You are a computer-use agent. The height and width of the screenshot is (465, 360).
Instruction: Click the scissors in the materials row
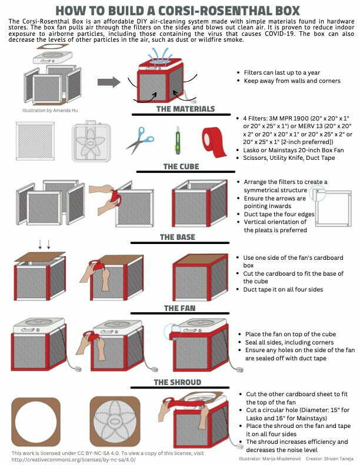pyautogui.click(x=139, y=140)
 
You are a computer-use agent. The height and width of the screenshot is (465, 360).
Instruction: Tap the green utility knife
pyautogui.click(x=178, y=140)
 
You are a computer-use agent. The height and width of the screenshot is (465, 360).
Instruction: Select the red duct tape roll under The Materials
pyautogui.click(x=214, y=142)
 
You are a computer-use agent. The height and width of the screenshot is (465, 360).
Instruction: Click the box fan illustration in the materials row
pyautogui.click(x=91, y=141)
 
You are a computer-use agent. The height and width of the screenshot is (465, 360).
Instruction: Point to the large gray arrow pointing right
pyautogui.click(x=109, y=82)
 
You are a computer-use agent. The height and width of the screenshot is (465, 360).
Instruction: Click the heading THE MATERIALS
pyautogui.click(x=185, y=109)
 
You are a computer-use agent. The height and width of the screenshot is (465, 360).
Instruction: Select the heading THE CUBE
pyautogui.click(x=181, y=167)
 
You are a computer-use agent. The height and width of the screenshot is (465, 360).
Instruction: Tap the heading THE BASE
pyautogui.click(x=178, y=237)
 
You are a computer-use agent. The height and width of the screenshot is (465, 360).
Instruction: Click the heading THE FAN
pyautogui.click(x=180, y=309)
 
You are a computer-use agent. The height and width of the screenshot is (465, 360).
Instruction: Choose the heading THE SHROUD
pyautogui.click(x=178, y=382)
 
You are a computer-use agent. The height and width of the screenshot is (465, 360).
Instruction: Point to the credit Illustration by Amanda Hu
pyautogui.click(x=50, y=111)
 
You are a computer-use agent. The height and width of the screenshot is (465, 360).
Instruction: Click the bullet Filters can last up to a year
pyautogui.click(x=282, y=73)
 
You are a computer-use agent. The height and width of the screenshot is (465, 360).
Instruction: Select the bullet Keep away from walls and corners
pyautogui.click(x=292, y=81)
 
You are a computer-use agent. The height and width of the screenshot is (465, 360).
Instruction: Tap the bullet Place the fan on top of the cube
pyautogui.click(x=291, y=334)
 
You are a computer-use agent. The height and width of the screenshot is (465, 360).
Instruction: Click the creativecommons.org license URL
pyautogui.click(x=74, y=459)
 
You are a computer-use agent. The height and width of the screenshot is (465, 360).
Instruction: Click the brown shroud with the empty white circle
pyautogui.click(x=36, y=422)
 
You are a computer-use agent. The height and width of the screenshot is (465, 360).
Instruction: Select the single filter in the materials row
pyautogui.click(x=35, y=141)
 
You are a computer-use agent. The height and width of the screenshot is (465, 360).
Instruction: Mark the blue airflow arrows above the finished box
pyautogui.click(x=162, y=55)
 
